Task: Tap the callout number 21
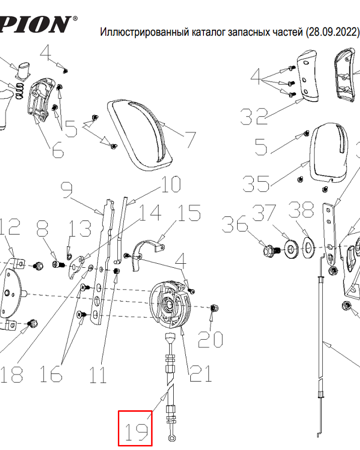point(200,373)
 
